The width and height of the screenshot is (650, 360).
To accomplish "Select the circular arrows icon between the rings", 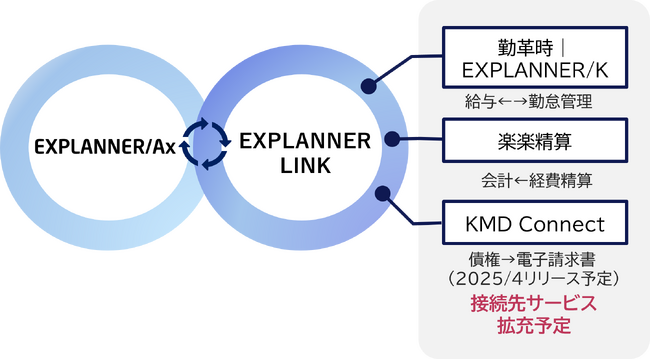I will pos(211,144).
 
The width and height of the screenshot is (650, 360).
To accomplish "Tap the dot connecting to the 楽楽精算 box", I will pos(391,139).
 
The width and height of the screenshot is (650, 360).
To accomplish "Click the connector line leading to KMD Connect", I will pos(415,219).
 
